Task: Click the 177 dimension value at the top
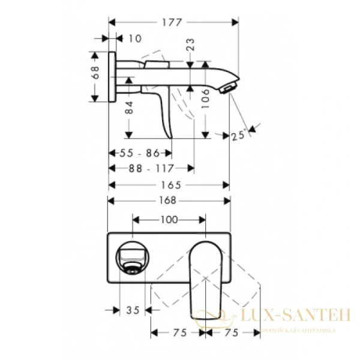[172, 23]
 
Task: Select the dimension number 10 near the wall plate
[135, 39]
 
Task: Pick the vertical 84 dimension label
[128, 107]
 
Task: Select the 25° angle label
[239, 136]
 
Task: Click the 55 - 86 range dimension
[139, 154]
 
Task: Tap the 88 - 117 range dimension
[151, 169]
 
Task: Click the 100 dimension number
[169, 220]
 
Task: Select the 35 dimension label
[133, 310]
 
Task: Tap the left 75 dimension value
[178, 332]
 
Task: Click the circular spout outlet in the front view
[132, 255]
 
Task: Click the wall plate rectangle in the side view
[111, 77]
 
